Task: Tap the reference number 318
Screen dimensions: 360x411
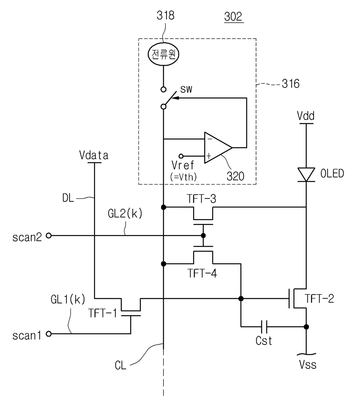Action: point(165,15)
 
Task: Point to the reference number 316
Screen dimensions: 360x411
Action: point(291,84)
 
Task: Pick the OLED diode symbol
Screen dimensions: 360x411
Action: point(306,174)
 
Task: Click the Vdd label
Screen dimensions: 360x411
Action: point(305,116)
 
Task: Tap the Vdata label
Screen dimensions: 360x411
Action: point(94,156)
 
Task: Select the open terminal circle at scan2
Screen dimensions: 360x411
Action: point(48,235)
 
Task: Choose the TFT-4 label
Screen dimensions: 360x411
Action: point(202,273)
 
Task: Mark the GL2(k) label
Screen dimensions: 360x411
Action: point(125,214)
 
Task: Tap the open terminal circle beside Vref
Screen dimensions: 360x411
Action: point(181,156)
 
